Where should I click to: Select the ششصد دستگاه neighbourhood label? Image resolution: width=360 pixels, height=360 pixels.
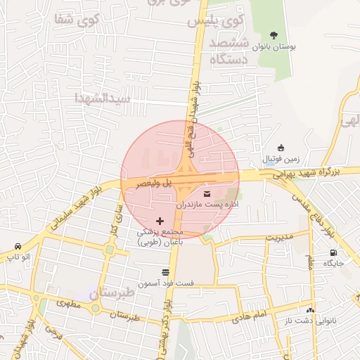tap(228, 52)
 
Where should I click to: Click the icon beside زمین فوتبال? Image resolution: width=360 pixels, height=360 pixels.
tap(281, 148)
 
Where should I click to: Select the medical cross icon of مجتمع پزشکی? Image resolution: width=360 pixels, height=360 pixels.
tap(160, 221)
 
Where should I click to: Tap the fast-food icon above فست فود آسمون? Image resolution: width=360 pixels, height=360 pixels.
tap(165, 271)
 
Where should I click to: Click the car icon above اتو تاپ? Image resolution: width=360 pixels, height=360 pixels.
tap(16, 247)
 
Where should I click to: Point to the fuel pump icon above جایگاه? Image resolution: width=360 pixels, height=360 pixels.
tap(333, 253)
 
